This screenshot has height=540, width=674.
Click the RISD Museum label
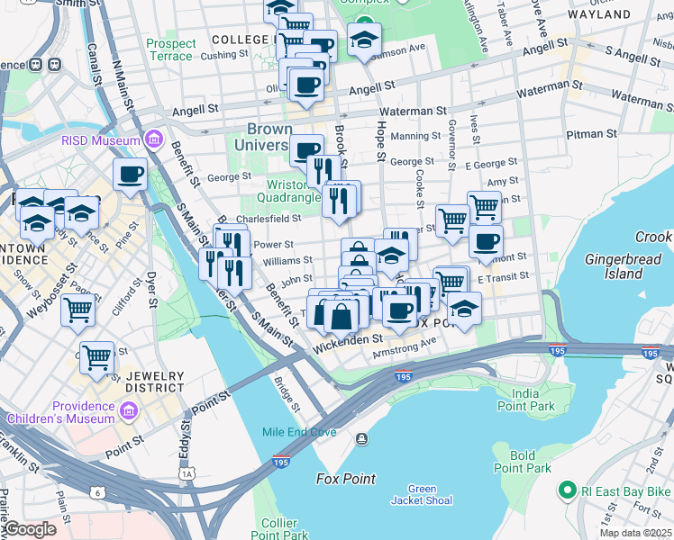101,139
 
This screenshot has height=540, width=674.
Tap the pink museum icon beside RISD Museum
154,139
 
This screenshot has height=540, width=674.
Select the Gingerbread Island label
625,265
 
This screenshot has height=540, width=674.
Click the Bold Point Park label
522,462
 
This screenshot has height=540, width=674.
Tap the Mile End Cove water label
299,432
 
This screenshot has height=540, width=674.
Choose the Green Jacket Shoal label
419,495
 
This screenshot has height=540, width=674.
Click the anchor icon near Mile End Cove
361,438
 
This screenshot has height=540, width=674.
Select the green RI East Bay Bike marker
567,490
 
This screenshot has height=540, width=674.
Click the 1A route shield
187,472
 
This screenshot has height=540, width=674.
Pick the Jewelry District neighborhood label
155,382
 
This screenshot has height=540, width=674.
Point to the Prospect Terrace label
170,49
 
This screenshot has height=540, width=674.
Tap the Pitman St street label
592,134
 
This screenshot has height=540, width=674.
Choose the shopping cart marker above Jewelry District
96,356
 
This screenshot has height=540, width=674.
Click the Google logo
30,529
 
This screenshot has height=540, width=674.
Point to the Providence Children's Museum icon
129,412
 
